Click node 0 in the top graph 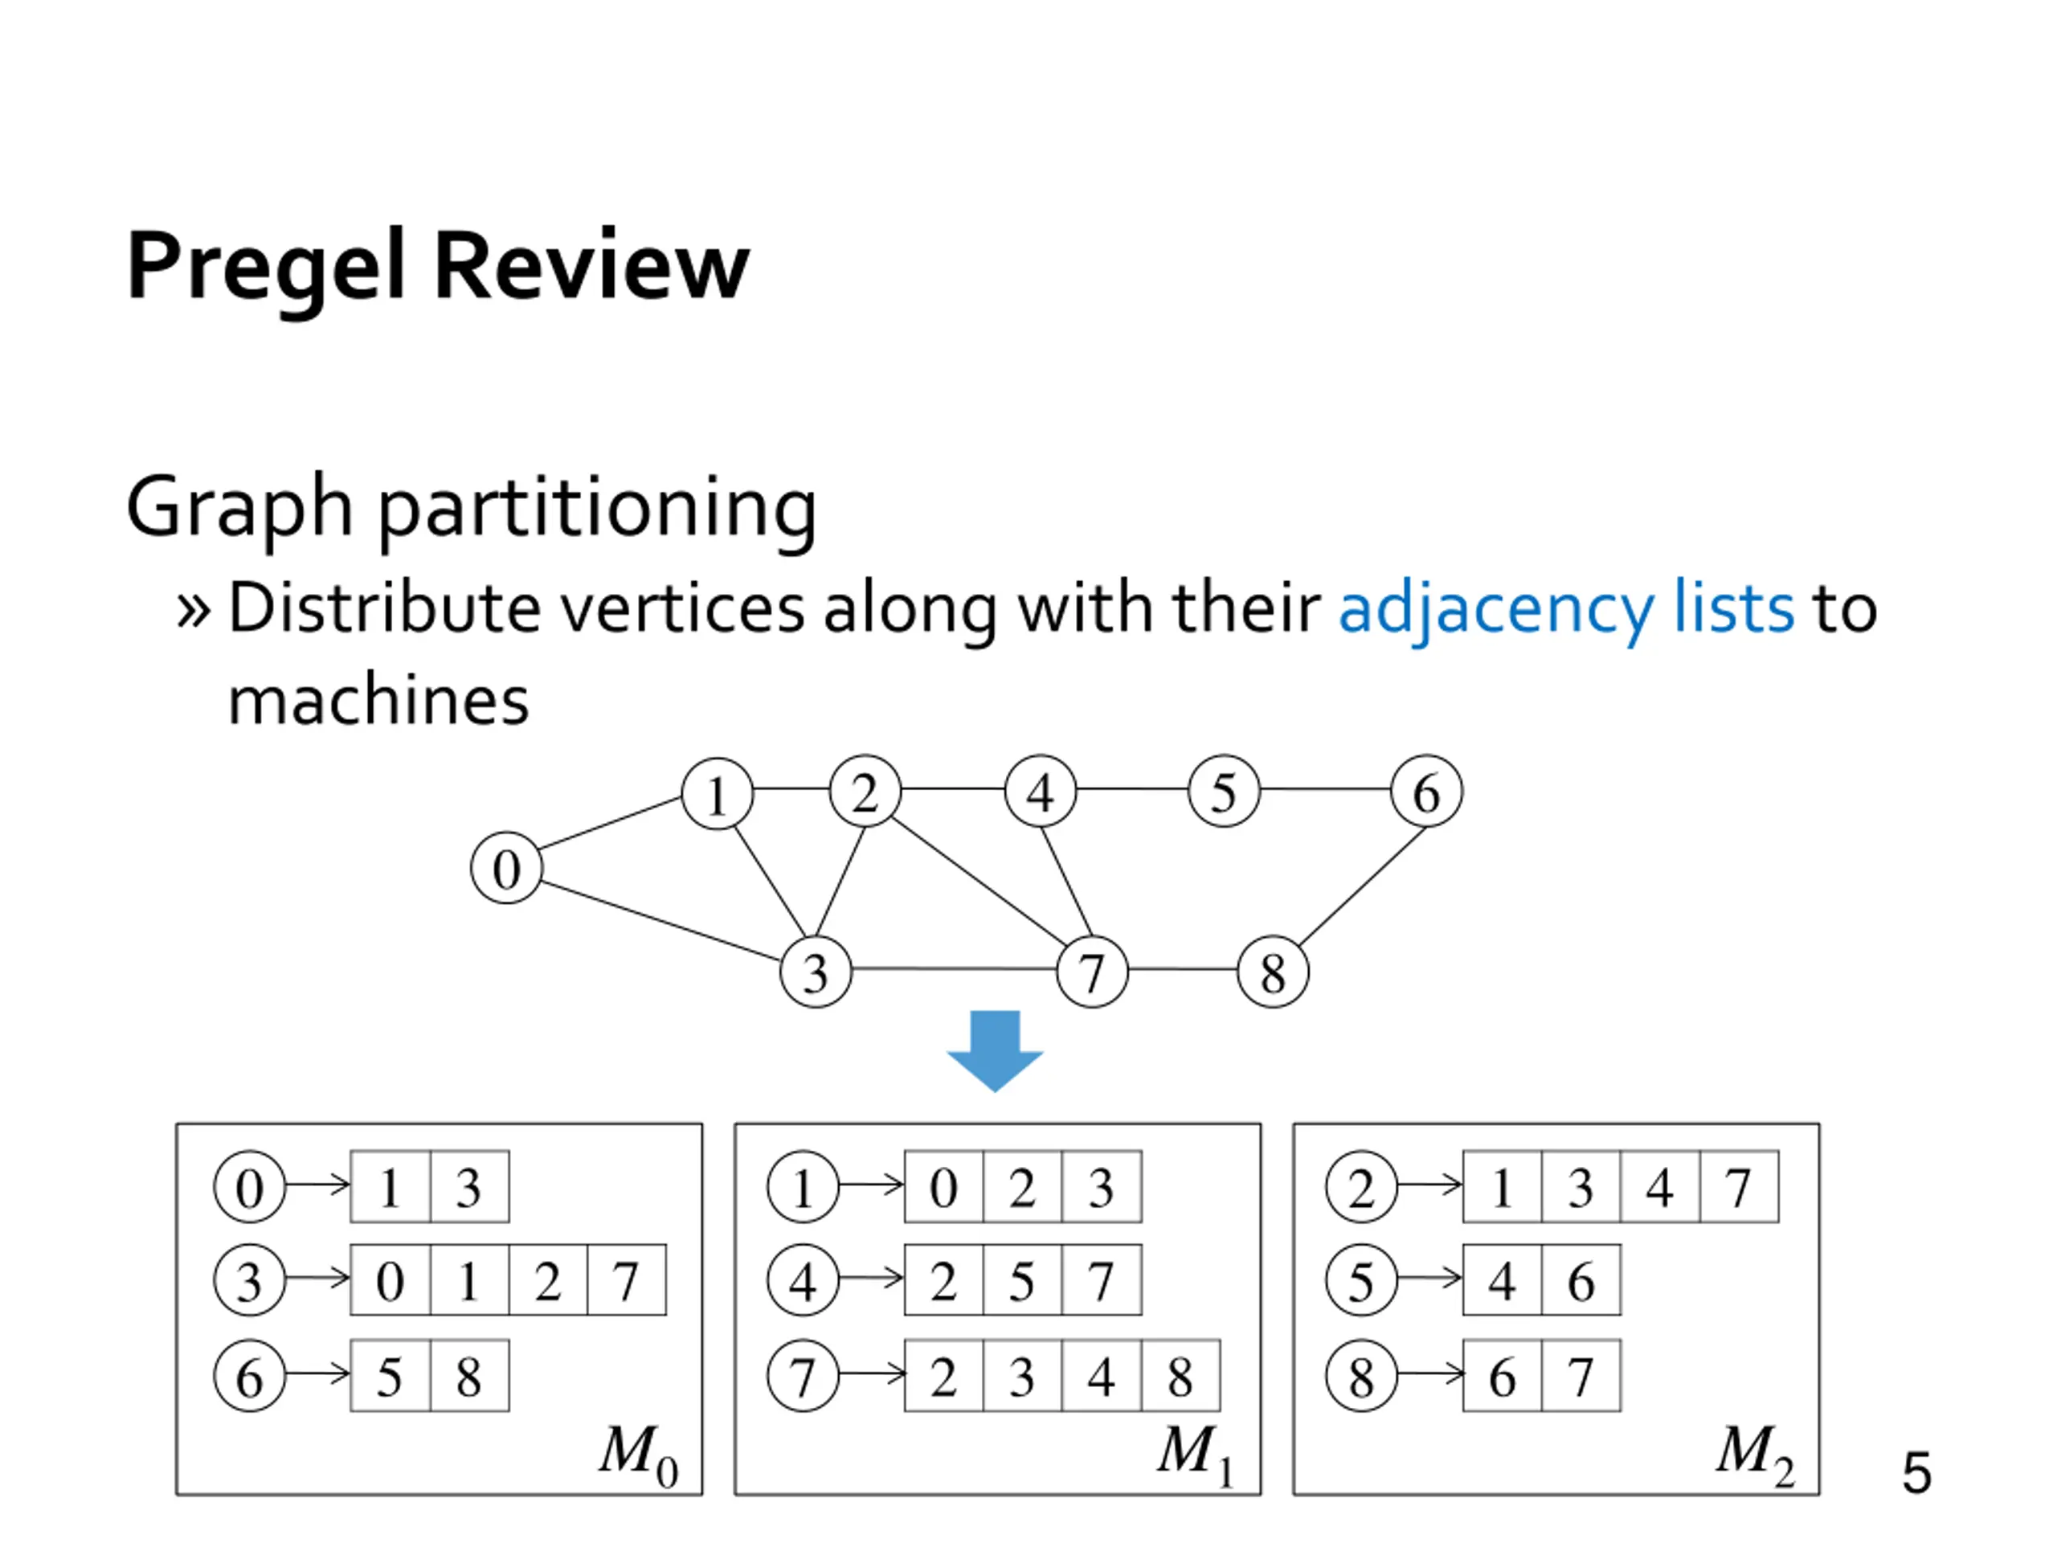pos(506,868)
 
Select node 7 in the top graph pos(1092,972)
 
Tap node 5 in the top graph pos(1224,792)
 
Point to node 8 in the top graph pos(1273,972)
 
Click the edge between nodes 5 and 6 pos(1325,790)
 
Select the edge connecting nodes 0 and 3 pos(660,921)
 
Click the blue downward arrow pos(995,1051)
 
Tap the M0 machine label pos(639,1454)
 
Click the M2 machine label pos(1756,1454)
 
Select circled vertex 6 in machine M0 pos(249,1376)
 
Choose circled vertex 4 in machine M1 pos(803,1279)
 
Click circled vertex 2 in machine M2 pos(1361,1187)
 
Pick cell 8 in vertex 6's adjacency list pos(469,1376)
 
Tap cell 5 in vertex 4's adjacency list pos(1022,1279)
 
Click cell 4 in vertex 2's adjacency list pos(1660,1187)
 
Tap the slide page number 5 pos(1916,1472)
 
